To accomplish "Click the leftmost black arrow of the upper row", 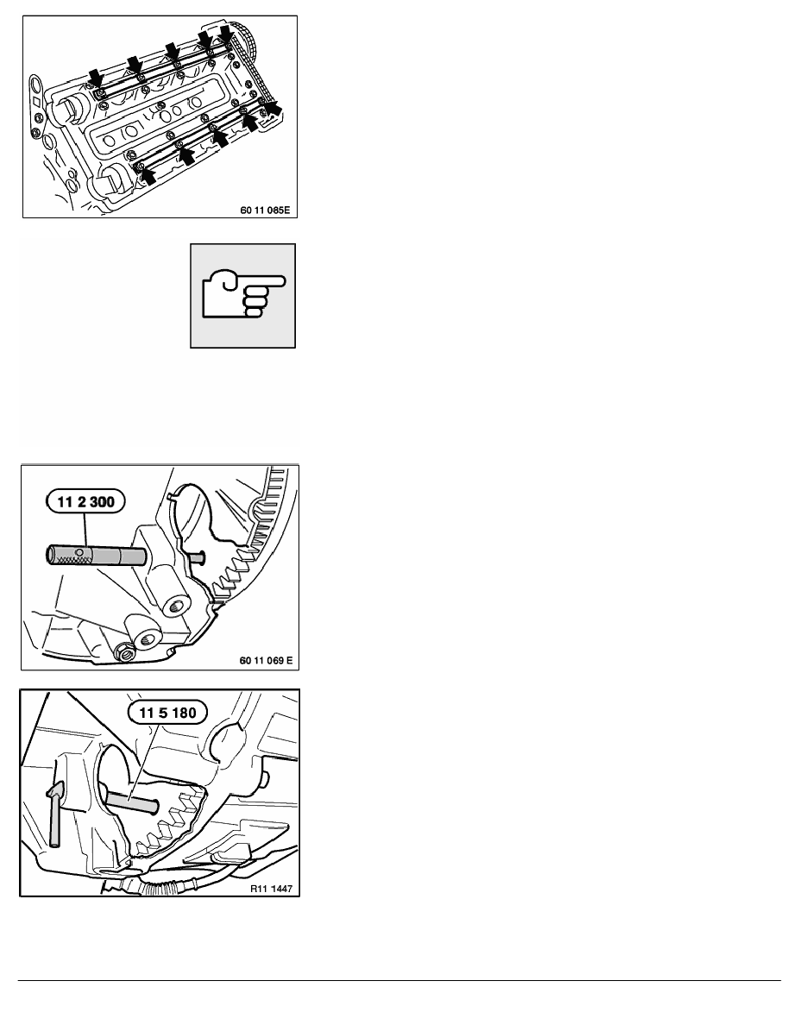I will [x=95, y=78].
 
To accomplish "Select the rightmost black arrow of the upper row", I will [x=227, y=35].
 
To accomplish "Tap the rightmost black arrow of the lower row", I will [x=273, y=107].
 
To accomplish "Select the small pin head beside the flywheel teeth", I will [x=198, y=558].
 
